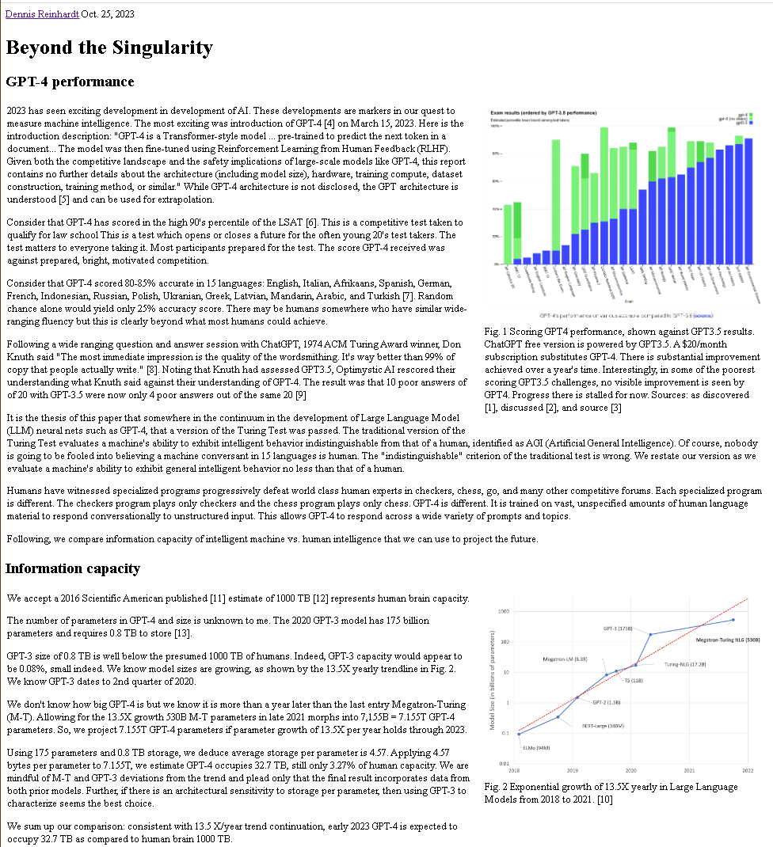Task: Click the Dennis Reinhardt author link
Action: (41, 13)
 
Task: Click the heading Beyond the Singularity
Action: (109, 47)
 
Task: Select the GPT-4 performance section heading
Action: (70, 82)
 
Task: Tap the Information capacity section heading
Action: (73, 568)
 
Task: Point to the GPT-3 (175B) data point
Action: (650, 634)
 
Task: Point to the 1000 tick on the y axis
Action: (504, 612)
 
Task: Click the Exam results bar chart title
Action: (543, 113)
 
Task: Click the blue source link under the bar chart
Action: (702, 314)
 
